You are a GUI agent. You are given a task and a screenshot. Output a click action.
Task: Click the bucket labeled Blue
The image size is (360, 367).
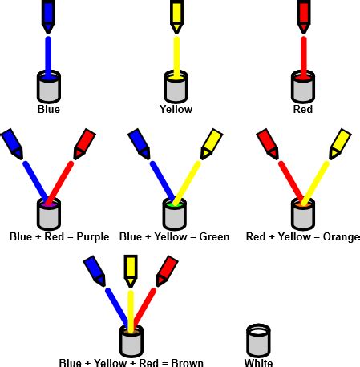(x=49, y=87)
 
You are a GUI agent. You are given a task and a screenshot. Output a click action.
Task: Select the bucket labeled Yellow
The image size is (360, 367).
(x=176, y=87)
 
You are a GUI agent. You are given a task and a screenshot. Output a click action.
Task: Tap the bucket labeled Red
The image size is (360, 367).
(x=304, y=87)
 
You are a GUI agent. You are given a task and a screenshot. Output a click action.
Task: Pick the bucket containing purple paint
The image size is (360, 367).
(x=49, y=214)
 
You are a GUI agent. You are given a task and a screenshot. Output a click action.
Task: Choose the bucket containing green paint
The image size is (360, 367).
(x=176, y=214)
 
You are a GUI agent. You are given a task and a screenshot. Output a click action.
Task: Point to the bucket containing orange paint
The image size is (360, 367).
(x=304, y=214)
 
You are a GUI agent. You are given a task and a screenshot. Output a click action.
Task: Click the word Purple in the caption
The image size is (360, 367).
(x=94, y=236)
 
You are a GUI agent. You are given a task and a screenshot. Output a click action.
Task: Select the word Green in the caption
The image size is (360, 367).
(x=212, y=236)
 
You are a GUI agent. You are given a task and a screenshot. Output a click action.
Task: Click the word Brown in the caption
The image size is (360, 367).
(x=186, y=362)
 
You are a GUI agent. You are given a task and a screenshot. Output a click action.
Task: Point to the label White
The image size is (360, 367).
(x=258, y=362)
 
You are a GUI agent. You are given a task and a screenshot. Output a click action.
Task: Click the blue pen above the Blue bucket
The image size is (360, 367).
(x=49, y=14)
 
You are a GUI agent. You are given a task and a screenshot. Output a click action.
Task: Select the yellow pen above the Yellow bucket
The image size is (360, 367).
(x=176, y=14)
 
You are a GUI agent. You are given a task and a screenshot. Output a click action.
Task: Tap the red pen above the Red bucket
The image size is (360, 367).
(x=304, y=14)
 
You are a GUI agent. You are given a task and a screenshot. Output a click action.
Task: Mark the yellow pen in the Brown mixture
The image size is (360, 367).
(x=131, y=268)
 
